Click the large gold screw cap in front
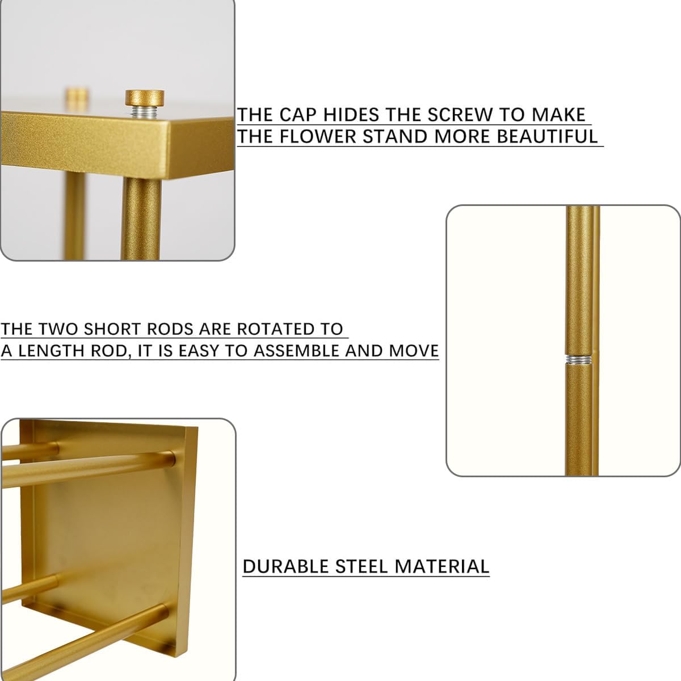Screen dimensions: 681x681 pos(145,98)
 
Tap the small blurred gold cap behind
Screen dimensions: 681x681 pos(77,95)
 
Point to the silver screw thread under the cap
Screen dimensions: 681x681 pos(145,112)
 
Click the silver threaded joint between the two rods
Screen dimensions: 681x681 pos(579,360)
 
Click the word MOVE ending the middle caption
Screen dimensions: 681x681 pos(414,351)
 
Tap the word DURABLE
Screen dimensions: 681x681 pos(286,566)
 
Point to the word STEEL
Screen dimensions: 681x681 pos(361,566)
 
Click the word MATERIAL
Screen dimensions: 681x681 pos(442,566)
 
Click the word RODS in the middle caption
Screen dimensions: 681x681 pos(170,329)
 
